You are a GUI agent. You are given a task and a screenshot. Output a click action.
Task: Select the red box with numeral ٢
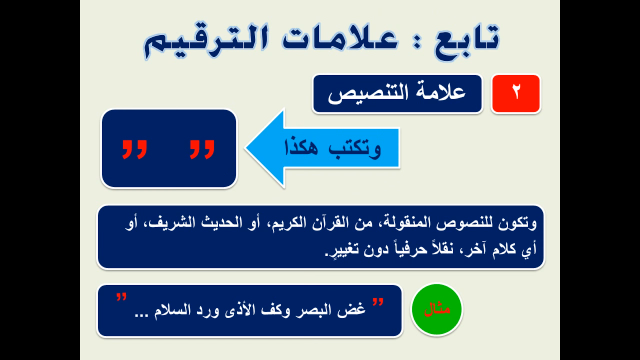[x=516, y=94]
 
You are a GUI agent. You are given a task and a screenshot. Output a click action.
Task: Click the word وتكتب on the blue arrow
[x=354, y=148]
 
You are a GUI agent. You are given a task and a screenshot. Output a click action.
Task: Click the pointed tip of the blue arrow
[x=246, y=148]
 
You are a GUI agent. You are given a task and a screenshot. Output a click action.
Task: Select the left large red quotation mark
[x=134, y=149]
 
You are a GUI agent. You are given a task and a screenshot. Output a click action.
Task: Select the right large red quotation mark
[x=202, y=149]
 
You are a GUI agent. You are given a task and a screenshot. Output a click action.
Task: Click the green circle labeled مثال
[x=436, y=309]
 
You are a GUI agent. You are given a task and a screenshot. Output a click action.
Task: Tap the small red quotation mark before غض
[x=378, y=302]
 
